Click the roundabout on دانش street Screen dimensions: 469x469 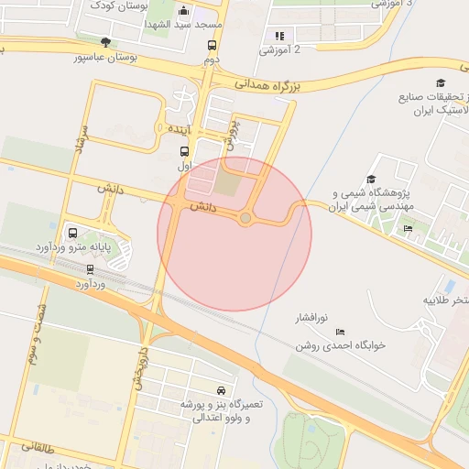[x=245, y=217]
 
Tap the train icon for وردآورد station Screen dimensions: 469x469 [x=90, y=269]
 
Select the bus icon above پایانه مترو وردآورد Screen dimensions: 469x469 [x=72, y=232]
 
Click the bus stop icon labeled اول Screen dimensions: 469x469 [x=184, y=152]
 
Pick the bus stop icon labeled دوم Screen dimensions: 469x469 [x=212, y=45]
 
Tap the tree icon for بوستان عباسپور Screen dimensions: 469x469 [x=106, y=42]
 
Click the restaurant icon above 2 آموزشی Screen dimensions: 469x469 [x=279, y=36]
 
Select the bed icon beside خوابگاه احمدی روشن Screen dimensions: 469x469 [x=341, y=332]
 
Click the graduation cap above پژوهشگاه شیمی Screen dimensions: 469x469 [x=371, y=180]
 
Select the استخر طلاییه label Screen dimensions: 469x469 [x=447, y=300]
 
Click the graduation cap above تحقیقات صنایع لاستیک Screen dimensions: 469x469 [x=441, y=82]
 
